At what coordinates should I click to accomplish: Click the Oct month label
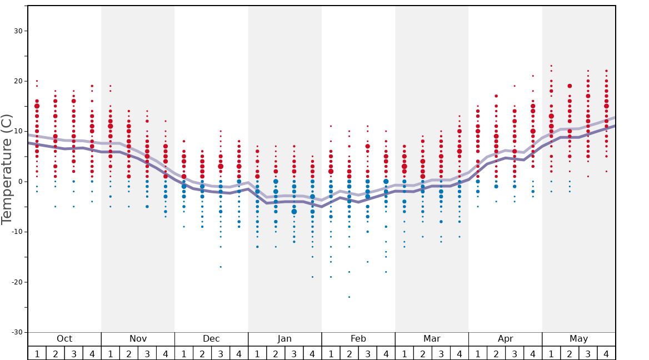[64, 339]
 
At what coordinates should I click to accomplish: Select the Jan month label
[284, 339]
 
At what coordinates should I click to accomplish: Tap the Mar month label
[432, 339]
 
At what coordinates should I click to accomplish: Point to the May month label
[578, 339]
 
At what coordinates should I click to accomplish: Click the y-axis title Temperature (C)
[7, 169]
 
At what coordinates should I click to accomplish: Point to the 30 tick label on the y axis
[18, 31]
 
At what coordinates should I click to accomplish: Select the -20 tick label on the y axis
[16, 282]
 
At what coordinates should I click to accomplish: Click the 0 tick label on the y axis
[19, 182]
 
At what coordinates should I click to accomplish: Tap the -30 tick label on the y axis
[16, 332]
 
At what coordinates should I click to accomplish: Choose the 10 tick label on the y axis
[18, 132]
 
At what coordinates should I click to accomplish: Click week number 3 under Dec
[221, 353]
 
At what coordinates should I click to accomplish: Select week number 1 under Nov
[111, 353]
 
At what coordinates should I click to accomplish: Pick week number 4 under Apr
[533, 353]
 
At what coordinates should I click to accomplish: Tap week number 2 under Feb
[349, 353]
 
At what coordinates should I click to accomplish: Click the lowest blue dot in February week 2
[349, 297]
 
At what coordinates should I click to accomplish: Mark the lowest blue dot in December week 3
[221, 267]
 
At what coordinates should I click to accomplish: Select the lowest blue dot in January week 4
[312, 277]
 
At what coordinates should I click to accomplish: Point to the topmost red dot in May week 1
[551, 66]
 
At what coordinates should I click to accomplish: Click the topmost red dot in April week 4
[533, 76]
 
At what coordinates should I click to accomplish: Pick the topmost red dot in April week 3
[515, 86]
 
